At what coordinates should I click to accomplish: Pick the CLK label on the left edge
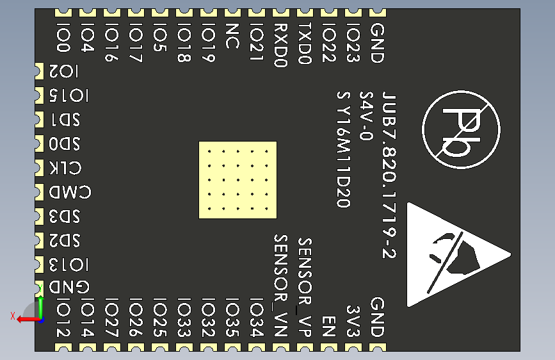tap(65, 168)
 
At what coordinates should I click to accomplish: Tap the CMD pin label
tap(70, 192)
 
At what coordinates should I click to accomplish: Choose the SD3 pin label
tap(65, 216)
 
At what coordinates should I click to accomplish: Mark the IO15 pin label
tap(69, 96)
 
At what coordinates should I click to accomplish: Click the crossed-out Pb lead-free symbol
tap(462, 129)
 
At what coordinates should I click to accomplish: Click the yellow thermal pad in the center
tap(237, 180)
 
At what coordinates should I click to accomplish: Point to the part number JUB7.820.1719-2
tap(389, 174)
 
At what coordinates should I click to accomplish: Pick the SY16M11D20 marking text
tap(344, 149)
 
